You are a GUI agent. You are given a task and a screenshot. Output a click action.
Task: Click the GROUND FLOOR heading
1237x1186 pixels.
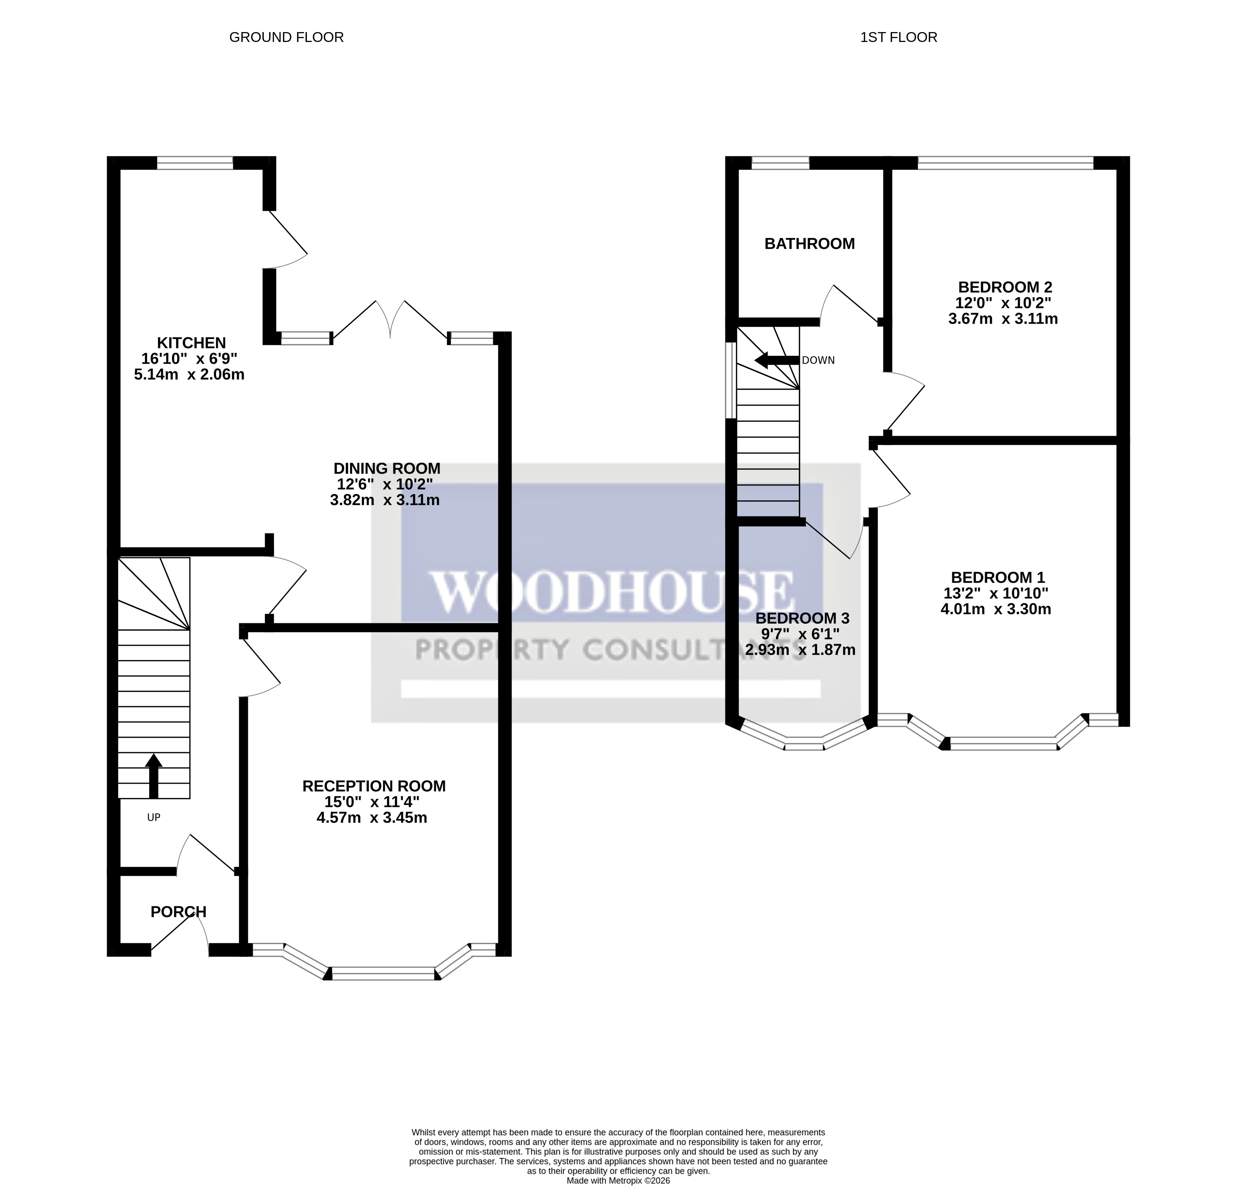[286, 37]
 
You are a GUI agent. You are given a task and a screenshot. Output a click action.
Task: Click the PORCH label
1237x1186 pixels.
[178, 912]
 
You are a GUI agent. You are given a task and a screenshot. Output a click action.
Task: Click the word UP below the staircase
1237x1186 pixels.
[153, 817]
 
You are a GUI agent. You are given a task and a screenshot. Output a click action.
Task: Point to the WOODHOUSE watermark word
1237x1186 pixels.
[611, 592]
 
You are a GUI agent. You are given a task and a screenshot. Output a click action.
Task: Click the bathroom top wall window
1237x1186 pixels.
[780, 163]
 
